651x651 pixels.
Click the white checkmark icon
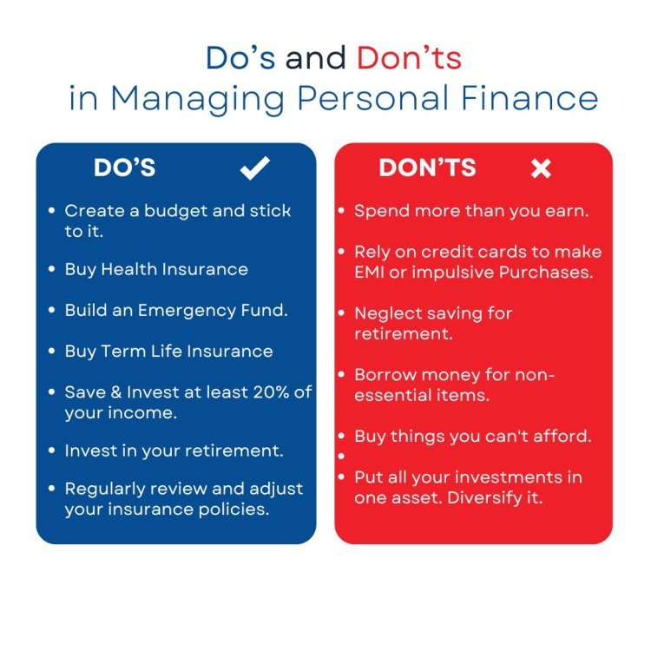254,168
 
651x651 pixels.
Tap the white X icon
541,168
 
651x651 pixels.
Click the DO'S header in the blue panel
124,168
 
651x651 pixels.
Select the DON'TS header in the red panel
427,168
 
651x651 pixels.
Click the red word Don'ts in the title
409,57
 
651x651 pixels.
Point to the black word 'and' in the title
316,57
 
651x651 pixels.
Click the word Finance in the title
529,98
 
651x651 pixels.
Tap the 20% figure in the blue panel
271,392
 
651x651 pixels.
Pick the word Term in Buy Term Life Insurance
122,352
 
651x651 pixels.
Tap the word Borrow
385,375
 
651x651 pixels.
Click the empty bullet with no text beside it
341,457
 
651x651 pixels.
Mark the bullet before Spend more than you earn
341,211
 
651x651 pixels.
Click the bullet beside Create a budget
51,211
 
